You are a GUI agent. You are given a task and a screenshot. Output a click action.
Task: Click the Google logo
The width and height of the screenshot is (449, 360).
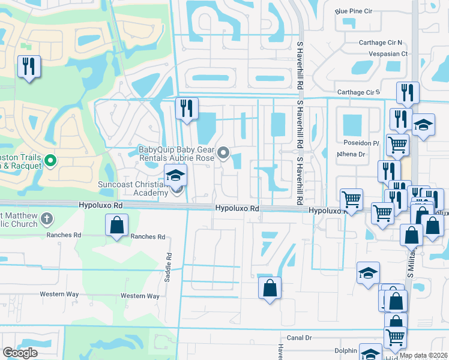coord(20,353)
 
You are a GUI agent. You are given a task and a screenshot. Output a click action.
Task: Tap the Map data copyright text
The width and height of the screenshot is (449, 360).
coord(424,355)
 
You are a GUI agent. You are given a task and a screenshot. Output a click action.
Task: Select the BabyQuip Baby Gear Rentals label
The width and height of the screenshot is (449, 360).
coord(176,154)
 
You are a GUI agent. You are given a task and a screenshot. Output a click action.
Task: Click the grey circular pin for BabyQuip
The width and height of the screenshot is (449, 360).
coord(224,154)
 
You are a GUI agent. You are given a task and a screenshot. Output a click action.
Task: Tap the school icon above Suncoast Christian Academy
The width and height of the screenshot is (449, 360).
coord(176,175)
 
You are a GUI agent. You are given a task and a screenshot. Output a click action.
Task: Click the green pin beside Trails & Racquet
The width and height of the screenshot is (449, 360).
coord(50,161)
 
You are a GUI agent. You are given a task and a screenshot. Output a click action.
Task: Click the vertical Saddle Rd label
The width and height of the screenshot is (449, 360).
coord(169,264)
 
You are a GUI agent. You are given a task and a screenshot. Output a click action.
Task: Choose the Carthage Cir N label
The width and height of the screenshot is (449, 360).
coord(380,43)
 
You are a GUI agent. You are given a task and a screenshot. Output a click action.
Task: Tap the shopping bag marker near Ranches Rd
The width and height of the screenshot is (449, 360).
coord(117,226)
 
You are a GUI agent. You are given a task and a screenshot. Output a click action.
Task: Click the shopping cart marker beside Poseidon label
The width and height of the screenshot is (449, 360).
coord(397,144)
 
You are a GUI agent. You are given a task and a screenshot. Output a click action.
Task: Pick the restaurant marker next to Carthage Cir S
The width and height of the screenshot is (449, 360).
coord(408,92)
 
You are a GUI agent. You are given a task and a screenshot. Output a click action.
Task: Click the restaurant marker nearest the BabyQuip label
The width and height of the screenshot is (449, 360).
coord(187,109)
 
